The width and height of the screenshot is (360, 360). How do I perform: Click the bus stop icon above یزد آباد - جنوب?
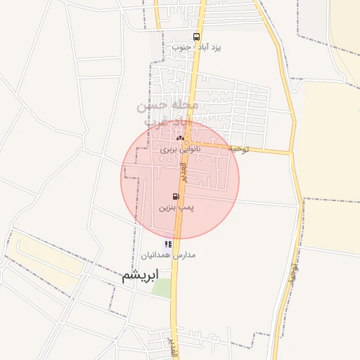(195, 37)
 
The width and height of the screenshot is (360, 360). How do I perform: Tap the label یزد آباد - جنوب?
(197, 48)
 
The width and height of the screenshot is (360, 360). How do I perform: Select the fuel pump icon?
(175, 197)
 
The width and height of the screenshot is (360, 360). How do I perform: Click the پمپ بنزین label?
(175, 208)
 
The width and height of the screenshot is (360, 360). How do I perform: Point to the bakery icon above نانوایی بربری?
(180, 138)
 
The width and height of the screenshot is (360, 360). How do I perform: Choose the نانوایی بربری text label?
(180, 149)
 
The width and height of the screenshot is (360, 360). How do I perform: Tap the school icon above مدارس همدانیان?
(168, 244)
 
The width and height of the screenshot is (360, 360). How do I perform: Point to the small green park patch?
(162, 288)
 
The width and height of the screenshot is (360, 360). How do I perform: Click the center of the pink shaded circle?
(180, 179)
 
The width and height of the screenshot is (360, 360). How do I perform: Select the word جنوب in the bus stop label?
(181, 48)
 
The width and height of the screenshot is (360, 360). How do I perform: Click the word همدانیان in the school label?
(159, 255)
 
